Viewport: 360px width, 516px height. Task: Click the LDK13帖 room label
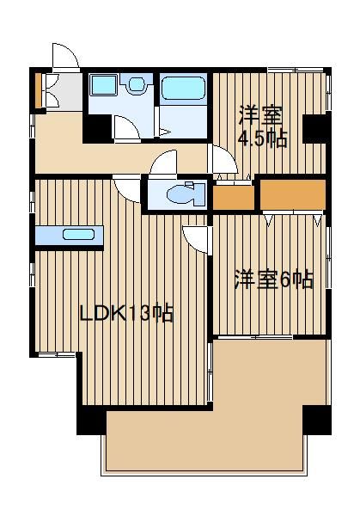click(127, 313)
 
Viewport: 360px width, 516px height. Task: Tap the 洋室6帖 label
click(273, 280)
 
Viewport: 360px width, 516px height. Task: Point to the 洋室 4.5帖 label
click(262, 126)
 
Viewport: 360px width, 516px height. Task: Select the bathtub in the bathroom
click(183, 88)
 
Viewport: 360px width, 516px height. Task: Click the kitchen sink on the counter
click(78, 235)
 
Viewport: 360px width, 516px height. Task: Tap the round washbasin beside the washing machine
click(137, 84)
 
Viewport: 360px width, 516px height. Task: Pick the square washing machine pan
click(103, 85)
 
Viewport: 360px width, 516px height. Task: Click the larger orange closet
click(293, 195)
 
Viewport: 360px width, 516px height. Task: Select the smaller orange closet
click(234, 198)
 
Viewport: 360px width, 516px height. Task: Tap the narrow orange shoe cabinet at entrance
click(39, 90)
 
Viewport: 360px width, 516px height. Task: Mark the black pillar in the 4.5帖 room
click(316, 129)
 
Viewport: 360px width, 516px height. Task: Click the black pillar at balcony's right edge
click(316, 420)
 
